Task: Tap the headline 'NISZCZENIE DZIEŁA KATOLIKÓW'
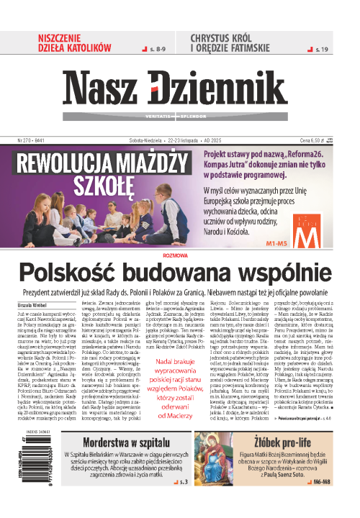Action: [x=75, y=42]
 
